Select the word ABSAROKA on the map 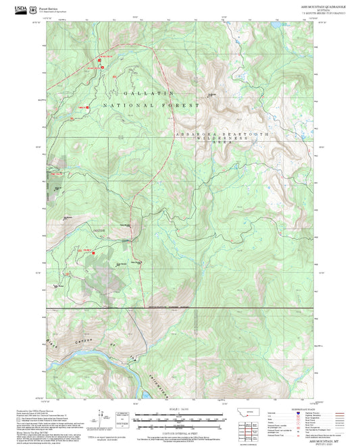[194, 135]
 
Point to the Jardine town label [99, 232]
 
